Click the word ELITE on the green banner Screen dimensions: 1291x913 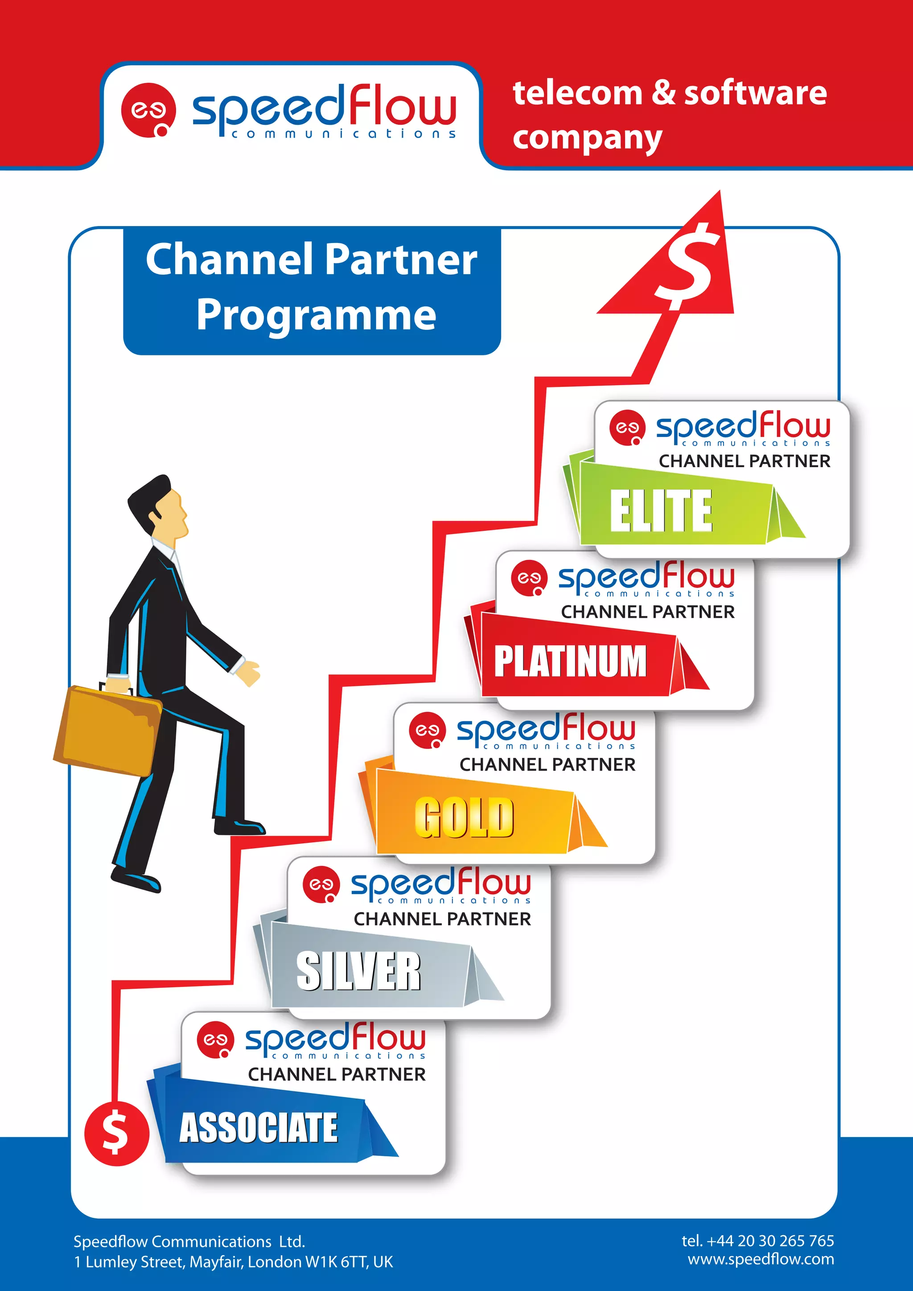coord(661,510)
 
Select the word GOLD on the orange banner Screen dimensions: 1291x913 coord(464,817)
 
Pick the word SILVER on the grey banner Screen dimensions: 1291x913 coord(358,971)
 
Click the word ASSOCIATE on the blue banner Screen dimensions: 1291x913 coord(258,1128)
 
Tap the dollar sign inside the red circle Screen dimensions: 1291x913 coord(116,1133)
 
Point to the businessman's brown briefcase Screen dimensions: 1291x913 coord(107,731)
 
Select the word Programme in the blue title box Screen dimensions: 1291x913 coord(316,315)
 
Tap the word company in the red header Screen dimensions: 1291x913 coord(587,138)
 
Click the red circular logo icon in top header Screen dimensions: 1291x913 coord(148,110)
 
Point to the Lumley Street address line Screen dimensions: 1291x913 coord(233,1262)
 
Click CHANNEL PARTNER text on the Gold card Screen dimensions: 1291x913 coord(547,765)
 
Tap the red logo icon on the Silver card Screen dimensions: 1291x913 coord(321,884)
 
